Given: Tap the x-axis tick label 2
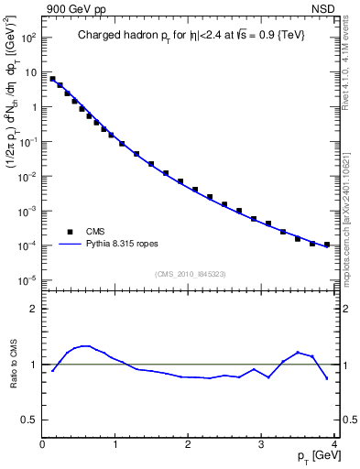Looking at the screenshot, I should pyautogui.click(x=189, y=443).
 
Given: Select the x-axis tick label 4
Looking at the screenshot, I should pyautogui.click(x=334, y=443).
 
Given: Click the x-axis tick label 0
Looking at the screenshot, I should pyautogui.click(x=42, y=443).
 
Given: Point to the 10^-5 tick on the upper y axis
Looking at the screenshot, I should pyautogui.click(x=27, y=280).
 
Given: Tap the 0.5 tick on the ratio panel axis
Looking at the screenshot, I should pyautogui.click(x=30, y=420).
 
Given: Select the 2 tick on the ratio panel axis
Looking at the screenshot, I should pyautogui.click(x=34, y=309).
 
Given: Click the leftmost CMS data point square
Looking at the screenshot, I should pyautogui.click(x=52, y=79).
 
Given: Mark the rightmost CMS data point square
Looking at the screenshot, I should pyautogui.click(x=327, y=245).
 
